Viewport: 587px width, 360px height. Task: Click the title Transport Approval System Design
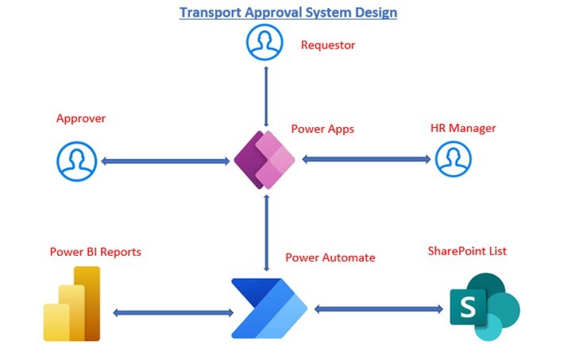tap(288, 12)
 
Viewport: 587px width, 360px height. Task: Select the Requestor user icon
tap(265, 43)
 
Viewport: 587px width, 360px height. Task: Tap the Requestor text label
tap(327, 45)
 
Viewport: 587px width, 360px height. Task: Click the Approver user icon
tap(75, 161)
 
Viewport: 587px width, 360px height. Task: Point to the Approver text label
tap(80, 118)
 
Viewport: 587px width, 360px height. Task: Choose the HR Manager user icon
tap(453, 159)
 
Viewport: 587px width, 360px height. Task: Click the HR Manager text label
tap(463, 128)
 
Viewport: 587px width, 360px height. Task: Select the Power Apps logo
tap(265, 160)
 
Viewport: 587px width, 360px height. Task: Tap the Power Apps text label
tap(322, 128)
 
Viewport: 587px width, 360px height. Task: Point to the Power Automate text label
tap(330, 257)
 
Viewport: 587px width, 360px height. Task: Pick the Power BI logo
tap(72, 304)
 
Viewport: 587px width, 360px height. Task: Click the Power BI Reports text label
tap(95, 252)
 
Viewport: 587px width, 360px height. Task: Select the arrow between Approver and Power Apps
tap(166, 161)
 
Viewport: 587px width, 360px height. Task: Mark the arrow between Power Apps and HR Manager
tap(366, 159)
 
